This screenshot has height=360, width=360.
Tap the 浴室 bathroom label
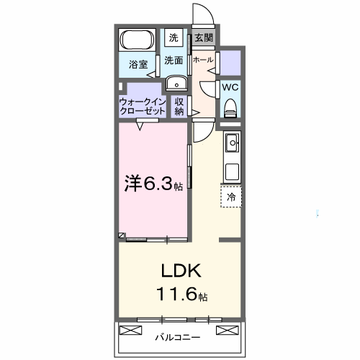tap(138, 64)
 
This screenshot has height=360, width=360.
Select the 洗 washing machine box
tap(174, 37)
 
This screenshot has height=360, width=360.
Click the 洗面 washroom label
tap(174, 60)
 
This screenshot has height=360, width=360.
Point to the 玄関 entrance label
tap(204, 37)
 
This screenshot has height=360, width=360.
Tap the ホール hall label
tap(203, 60)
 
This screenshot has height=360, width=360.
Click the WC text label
tap(230, 87)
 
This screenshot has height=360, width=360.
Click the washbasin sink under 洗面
tap(175, 84)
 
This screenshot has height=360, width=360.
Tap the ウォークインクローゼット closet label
tap(143, 107)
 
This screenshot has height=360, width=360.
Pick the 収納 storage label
tap(179, 107)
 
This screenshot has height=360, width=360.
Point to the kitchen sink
tap(232, 144)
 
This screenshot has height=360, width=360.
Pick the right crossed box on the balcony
tap(226, 330)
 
